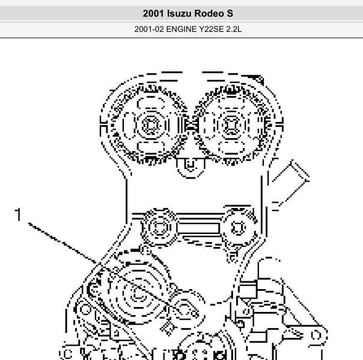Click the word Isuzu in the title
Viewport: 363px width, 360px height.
179,13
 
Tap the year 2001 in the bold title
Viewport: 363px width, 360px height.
153,13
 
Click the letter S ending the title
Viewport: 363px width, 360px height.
230,13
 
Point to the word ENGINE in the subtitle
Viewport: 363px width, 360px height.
181,29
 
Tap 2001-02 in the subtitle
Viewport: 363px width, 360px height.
149,29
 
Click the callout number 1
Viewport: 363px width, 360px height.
18,215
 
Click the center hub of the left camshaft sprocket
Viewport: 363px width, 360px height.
151,125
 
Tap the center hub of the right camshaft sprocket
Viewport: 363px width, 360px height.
231,125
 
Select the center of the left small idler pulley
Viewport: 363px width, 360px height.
159,227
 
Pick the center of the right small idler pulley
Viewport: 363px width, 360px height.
238,228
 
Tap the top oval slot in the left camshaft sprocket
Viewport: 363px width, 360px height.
151,103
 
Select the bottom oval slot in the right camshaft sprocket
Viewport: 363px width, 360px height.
231,147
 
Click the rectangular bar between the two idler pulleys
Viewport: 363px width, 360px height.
198,228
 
